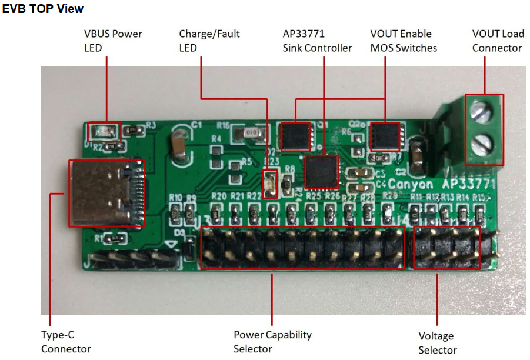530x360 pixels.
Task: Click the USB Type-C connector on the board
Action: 106,192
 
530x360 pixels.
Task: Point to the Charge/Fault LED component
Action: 271,182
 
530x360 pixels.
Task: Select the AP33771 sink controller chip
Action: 322,172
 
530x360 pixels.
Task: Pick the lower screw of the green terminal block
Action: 484,141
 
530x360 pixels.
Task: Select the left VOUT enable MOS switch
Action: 295,136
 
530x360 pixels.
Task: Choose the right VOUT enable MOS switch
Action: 385,136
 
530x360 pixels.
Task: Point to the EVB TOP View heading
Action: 43,9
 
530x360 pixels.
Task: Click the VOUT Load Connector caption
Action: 497,41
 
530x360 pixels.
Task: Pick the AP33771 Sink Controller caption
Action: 317,41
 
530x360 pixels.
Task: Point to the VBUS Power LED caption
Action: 113,41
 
